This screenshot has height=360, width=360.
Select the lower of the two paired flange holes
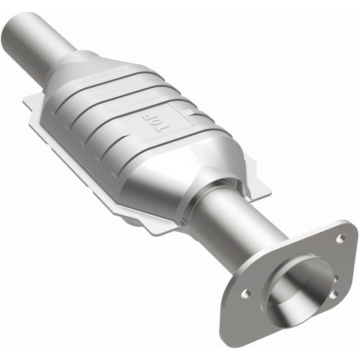(333, 294)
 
